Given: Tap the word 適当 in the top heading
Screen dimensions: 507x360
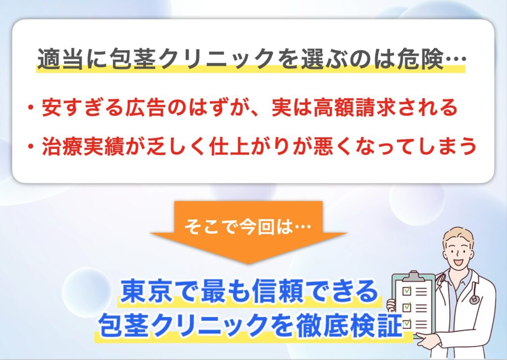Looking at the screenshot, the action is point(60,59).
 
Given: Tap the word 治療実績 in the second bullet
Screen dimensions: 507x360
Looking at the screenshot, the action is point(83,146).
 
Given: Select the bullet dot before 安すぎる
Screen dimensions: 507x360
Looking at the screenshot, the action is point(31,107).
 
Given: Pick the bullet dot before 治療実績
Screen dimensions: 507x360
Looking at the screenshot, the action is point(31,147).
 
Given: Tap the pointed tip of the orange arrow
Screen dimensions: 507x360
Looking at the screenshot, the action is point(249,263).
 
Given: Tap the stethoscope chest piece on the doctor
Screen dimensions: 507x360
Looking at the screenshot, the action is point(473,300).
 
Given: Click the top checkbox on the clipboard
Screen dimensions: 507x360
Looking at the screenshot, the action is point(406,290).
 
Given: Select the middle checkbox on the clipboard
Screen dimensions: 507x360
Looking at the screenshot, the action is point(406,307).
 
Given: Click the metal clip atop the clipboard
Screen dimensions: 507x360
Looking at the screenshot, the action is point(413,276).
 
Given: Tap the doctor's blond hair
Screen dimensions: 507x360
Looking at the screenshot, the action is point(458,236).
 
